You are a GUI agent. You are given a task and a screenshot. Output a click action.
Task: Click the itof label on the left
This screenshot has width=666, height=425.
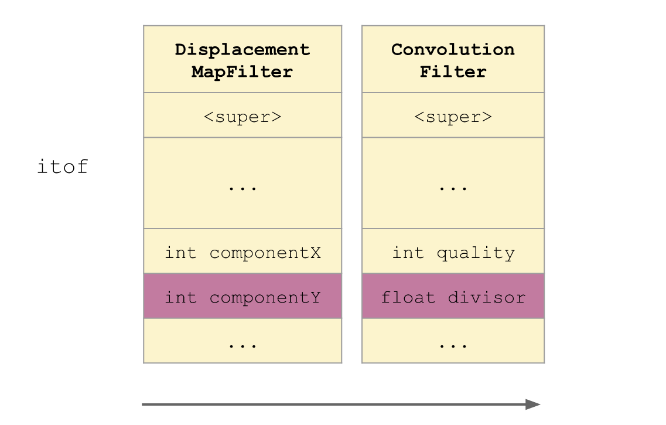coord(62,166)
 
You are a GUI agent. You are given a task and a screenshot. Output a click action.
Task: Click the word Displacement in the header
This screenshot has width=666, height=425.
coord(243,49)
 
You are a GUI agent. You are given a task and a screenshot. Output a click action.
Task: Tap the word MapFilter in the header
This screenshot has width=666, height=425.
coord(243,72)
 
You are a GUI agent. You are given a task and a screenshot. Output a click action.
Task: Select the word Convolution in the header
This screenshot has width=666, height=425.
coord(453,49)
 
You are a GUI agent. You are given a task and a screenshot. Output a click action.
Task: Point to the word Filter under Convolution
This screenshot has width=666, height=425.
coord(453,72)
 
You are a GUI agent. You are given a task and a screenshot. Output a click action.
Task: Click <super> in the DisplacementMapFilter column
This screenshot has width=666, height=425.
coord(243,116)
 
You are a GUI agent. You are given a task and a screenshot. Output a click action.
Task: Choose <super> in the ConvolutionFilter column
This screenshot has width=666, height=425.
coord(453,116)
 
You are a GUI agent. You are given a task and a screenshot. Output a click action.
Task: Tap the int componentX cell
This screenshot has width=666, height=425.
coord(243,253)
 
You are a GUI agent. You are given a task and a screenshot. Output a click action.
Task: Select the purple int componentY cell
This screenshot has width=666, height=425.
coord(243,297)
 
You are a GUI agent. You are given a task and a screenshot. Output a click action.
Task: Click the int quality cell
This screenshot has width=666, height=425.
coord(453,253)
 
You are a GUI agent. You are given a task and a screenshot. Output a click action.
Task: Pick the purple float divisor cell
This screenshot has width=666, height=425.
coord(453,297)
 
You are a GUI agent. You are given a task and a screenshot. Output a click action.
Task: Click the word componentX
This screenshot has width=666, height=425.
coord(265,253)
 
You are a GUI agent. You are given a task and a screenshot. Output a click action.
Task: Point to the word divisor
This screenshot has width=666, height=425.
coord(487,297)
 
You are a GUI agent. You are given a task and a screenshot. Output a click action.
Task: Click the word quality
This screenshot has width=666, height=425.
coord(476,253)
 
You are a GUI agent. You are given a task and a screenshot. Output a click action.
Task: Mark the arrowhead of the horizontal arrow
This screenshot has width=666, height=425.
coord(532,404)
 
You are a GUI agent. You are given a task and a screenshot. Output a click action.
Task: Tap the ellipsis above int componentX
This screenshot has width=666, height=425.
coord(243,188)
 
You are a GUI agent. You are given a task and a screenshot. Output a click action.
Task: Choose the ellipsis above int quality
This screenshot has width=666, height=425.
coord(453,188)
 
